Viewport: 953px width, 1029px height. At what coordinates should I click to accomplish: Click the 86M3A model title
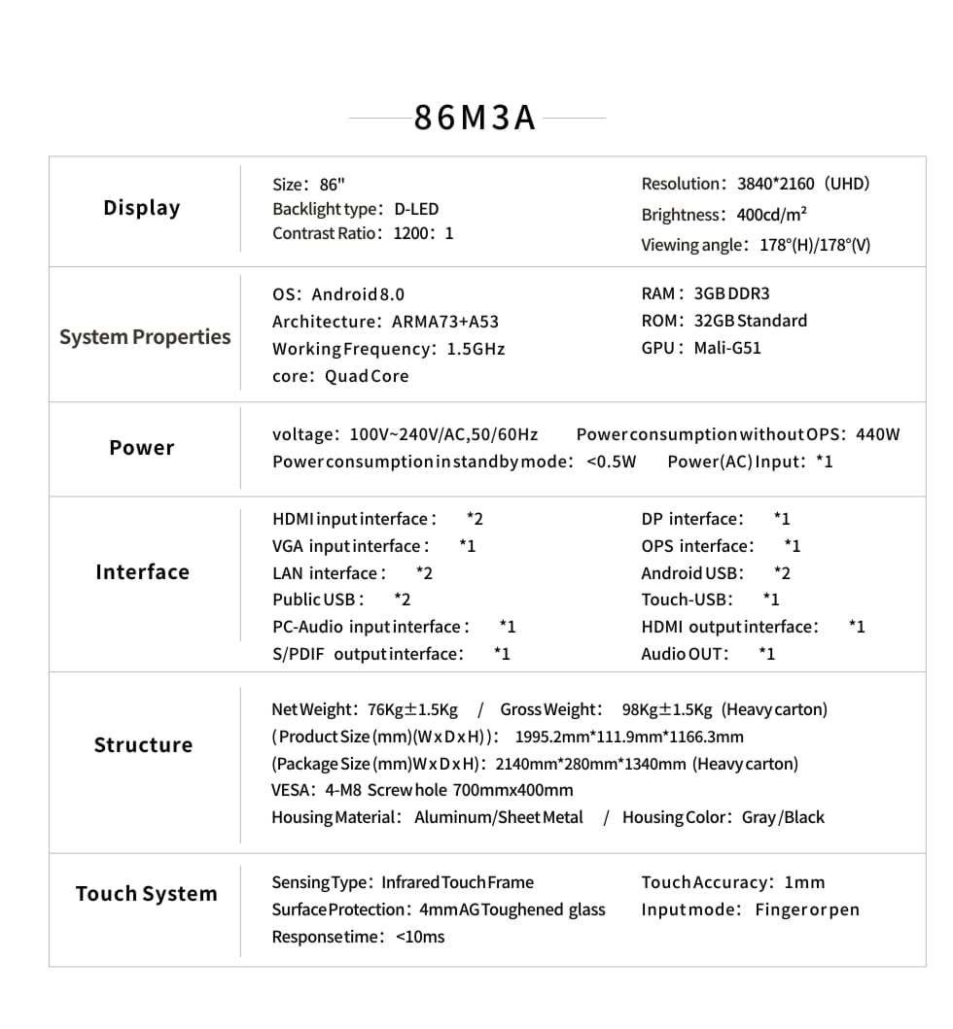[476, 118]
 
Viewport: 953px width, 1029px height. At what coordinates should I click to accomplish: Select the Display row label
[142, 208]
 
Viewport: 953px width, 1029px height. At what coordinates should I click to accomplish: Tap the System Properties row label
[145, 337]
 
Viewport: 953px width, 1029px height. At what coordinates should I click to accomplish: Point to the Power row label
[142, 448]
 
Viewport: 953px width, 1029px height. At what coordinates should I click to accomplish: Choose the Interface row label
[142, 572]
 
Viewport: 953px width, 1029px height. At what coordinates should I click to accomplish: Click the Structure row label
[143, 745]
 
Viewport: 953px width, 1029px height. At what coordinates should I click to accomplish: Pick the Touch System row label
[146, 894]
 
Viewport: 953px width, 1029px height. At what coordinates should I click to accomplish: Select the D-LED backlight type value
[416, 209]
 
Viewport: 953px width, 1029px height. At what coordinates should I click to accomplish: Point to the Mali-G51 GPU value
[727, 348]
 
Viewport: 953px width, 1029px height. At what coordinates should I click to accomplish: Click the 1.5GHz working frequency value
[476, 349]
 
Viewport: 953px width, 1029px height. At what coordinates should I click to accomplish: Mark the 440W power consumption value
[878, 434]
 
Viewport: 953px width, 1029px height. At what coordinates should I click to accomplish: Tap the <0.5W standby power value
[612, 462]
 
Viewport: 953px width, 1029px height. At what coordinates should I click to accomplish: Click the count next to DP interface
[782, 519]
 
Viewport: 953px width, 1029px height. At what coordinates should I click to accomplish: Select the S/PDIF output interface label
[368, 654]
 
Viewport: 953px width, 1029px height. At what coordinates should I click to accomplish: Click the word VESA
[292, 790]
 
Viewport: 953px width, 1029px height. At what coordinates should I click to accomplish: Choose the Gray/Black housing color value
[783, 817]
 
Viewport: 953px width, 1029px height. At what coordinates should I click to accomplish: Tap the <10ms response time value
[420, 937]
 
